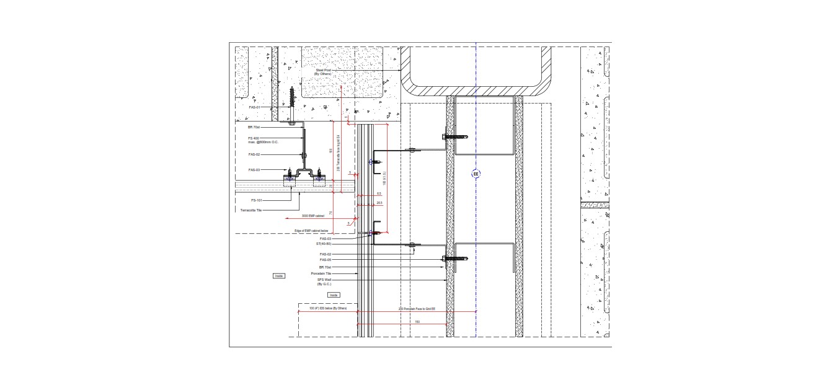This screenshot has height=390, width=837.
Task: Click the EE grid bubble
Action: click(476, 174)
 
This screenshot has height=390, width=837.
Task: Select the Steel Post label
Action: click(323, 72)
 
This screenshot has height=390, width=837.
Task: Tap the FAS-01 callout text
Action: click(254, 107)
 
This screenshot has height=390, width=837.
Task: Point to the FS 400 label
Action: click(254, 138)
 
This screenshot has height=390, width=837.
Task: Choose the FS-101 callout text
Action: click(256, 200)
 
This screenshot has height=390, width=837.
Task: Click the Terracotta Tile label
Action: click(251, 210)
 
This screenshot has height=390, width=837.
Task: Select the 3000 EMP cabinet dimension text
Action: click(312, 216)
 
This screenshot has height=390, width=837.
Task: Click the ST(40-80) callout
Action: click(325, 244)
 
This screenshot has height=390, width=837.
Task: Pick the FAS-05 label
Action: click(325, 260)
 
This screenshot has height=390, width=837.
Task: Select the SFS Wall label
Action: click(324, 280)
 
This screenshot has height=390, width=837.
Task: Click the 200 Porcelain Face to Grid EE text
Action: click(417, 308)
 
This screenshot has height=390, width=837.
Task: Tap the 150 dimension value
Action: click(417, 321)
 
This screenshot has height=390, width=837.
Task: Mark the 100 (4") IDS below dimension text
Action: click(328, 308)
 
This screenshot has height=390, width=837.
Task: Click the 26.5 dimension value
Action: click(379, 202)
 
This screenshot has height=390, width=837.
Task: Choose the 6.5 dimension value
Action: click(379, 193)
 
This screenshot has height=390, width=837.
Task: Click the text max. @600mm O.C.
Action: click(263, 143)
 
